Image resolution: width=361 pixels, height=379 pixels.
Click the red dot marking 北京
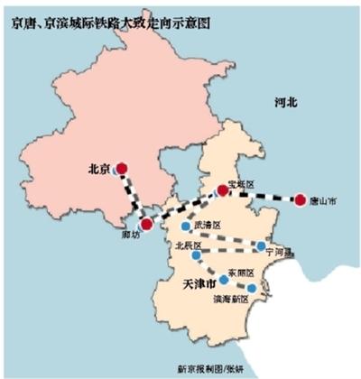point(122,167)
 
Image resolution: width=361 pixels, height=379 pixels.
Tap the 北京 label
point(99,167)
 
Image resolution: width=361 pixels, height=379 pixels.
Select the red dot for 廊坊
point(146,224)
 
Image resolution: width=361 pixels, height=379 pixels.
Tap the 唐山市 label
point(322,200)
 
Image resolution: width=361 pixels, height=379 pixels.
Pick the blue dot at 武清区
point(185,226)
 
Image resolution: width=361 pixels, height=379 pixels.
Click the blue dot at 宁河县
point(262,245)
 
